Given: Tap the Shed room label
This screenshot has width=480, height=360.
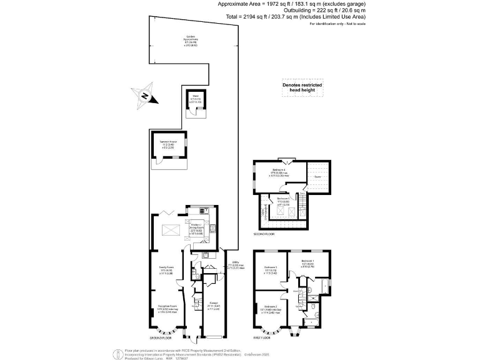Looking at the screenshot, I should (196, 97).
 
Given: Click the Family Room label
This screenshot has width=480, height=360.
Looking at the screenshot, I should (165, 271).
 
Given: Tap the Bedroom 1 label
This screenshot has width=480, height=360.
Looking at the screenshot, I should (307, 262).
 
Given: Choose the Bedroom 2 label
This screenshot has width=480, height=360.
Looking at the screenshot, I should (271, 308).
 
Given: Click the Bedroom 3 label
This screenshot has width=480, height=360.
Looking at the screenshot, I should (271, 271).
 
